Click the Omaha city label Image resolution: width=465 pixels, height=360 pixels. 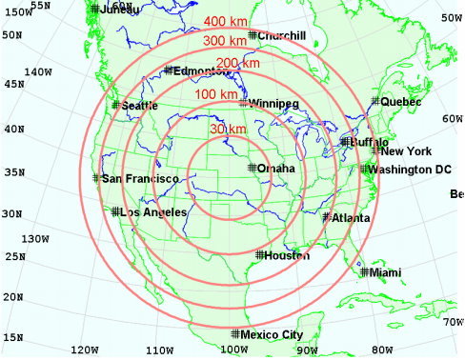(x=276, y=169)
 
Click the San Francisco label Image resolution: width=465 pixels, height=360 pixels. (x=140, y=178)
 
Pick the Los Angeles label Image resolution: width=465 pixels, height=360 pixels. (x=153, y=212)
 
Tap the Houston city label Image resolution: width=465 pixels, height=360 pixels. (x=289, y=255)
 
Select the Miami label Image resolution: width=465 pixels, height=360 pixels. (x=386, y=272)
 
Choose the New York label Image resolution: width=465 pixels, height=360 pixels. (x=407, y=150)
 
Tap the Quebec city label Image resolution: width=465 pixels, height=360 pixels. (x=401, y=101)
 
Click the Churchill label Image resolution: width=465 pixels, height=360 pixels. (x=281, y=36)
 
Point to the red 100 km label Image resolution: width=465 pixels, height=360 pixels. (x=216, y=94)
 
